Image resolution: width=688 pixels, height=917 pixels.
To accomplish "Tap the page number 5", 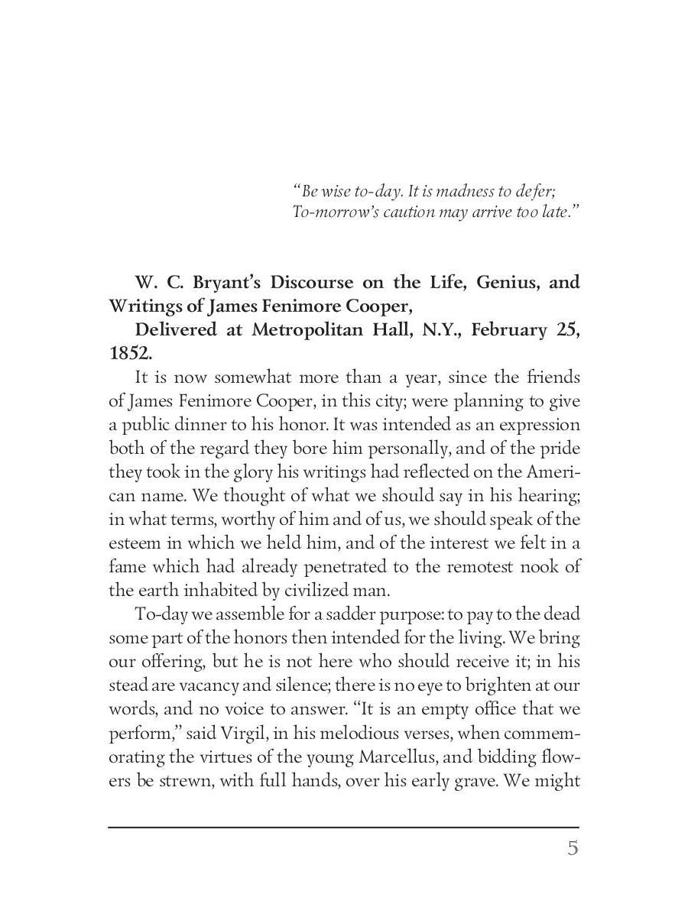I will (573, 848).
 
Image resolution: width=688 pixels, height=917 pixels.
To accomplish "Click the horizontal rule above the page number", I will (343, 827).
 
